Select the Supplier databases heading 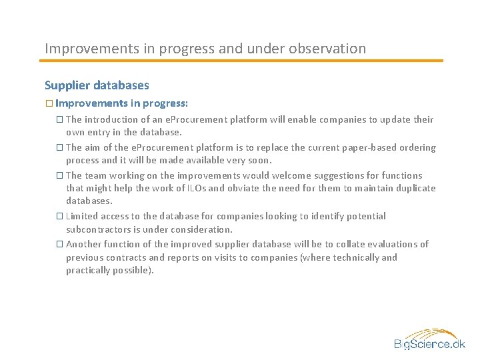pos(97,85)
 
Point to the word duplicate pos(414,189)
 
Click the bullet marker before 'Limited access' pos(60,217)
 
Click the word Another pos(85,245)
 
